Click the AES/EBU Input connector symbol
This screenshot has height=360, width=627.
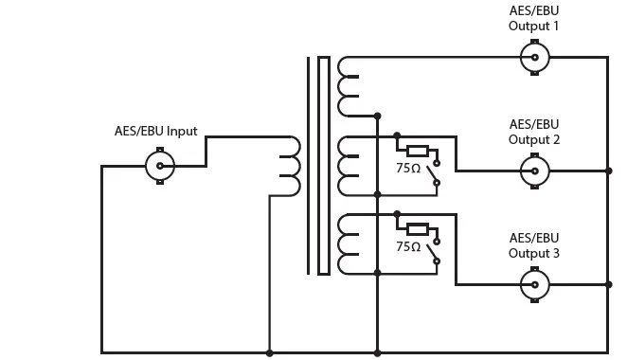coord(159,167)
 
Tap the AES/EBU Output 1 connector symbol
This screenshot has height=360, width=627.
coord(535,57)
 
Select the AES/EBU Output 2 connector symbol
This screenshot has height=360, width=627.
coord(535,171)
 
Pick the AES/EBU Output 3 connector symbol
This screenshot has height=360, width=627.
coord(535,284)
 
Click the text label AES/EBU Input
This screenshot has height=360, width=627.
coord(163,131)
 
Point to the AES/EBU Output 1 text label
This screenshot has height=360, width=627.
coord(534,18)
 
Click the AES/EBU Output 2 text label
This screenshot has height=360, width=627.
coord(534,132)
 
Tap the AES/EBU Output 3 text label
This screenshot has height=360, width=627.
coord(534,245)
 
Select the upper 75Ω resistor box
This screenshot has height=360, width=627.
coord(417,150)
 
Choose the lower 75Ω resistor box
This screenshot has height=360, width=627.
coord(417,228)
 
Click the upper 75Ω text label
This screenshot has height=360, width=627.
coord(409,167)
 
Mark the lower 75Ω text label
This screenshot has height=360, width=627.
coord(409,245)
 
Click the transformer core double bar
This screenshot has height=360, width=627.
coord(316,166)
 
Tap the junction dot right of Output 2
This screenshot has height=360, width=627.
coord(608,171)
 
